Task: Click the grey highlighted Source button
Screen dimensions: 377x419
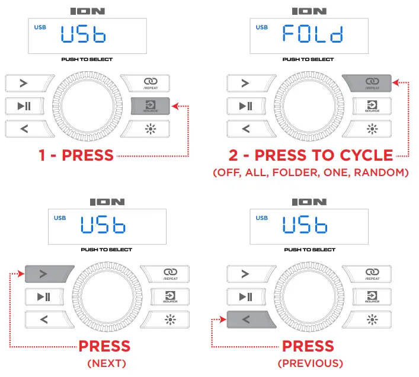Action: pos(151,106)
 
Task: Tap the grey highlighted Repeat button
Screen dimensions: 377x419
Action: pos(371,82)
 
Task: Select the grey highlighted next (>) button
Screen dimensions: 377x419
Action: pos(49,273)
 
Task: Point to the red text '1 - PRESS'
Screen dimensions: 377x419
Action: pos(76,155)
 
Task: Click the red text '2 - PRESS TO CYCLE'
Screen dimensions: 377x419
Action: pos(311,155)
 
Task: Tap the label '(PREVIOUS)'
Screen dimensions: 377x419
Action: pos(310,363)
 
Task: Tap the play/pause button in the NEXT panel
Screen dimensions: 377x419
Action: pos(49,296)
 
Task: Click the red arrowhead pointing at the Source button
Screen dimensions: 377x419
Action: pos(174,106)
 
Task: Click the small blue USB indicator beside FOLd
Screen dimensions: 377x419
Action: pos(261,27)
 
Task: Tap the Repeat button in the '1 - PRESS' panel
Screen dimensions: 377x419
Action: pos(151,83)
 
